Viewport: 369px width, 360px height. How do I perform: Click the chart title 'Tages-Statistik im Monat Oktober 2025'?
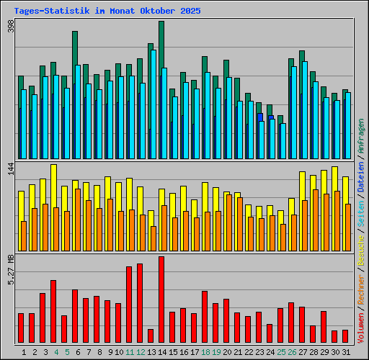click(x=107, y=12)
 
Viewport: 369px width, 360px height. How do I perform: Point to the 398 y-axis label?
click(x=11, y=27)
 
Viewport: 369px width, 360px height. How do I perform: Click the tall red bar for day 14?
click(x=161, y=300)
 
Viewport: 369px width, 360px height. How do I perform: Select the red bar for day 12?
click(x=140, y=303)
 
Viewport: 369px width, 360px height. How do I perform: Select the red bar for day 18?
click(x=205, y=317)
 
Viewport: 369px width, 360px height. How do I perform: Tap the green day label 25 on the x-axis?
click(x=281, y=351)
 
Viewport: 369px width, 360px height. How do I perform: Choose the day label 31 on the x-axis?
click(x=346, y=351)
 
